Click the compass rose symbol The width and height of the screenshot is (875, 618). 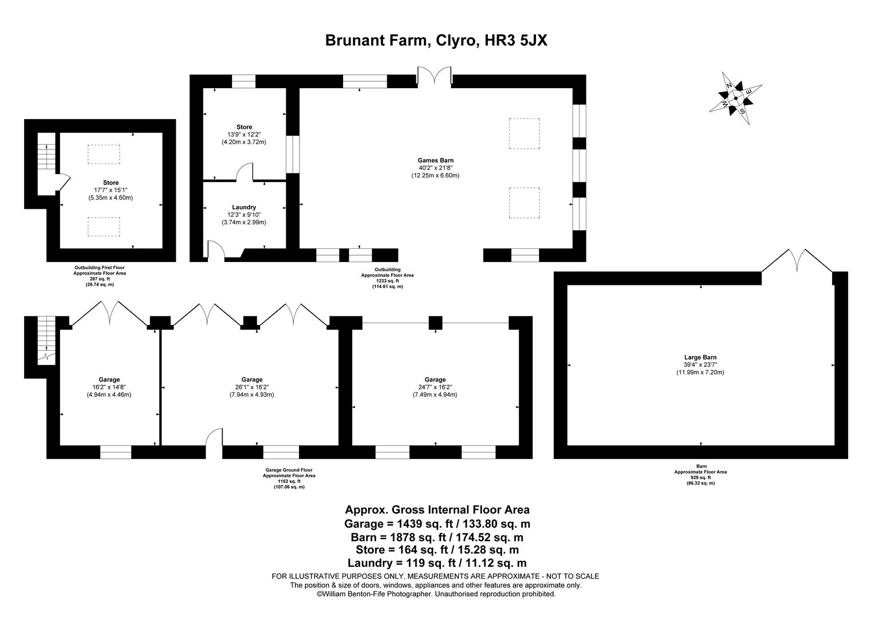[736, 98]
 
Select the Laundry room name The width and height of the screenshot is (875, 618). [244, 207]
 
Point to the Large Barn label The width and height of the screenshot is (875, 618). [700, 358]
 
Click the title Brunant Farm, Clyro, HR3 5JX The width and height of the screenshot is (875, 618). [437, 41]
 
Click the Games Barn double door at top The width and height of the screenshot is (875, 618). [435, 76]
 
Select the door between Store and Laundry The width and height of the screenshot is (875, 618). [245, 172]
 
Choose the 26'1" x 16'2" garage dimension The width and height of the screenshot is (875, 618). [252, 387]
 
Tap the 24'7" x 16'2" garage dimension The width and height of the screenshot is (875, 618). [435, 387]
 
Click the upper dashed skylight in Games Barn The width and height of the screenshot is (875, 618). [524, 133]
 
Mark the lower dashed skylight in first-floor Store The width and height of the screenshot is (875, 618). [104, 227]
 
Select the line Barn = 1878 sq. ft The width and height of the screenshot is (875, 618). [437, 537]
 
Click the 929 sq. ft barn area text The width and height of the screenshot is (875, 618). [700, 478]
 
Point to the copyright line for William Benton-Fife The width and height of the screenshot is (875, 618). [436, 594]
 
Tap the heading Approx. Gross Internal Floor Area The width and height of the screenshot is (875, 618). [437, 510]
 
